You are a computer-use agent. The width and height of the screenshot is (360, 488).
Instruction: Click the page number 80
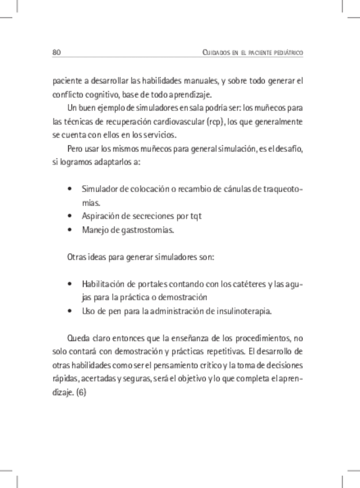pos(56,52)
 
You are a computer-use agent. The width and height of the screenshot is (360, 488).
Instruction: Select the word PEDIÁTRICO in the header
pos(285,53)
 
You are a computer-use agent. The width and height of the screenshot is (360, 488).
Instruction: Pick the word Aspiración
pos(101,216)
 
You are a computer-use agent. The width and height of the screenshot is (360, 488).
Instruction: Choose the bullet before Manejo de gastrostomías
pos(70,230)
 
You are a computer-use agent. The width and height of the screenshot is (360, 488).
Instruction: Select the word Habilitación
pos(104,284)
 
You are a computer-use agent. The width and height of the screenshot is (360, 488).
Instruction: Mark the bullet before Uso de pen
pos(70,311)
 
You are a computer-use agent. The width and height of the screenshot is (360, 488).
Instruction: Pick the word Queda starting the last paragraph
pos(78,338)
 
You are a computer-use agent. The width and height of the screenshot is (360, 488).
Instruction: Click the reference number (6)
pos(81,393)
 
